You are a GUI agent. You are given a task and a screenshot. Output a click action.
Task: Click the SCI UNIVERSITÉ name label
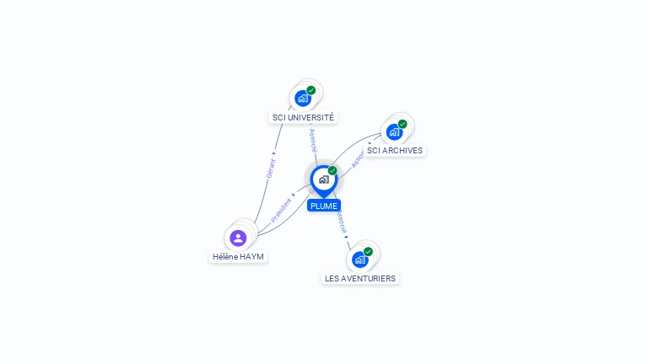point(303,117)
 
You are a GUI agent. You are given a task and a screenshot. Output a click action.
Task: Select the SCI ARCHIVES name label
point(394,151)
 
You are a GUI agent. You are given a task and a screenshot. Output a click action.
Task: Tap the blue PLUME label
point(324,206)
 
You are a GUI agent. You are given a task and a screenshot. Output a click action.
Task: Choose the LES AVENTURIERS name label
point(360,278)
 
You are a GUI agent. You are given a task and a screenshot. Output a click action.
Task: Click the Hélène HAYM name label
point(238,256)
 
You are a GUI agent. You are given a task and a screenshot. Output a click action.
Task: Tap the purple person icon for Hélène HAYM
point(238,238)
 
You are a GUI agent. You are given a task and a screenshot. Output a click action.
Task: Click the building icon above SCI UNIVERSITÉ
point(302,99)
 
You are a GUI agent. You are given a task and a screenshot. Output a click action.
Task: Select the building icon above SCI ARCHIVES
point(393,132)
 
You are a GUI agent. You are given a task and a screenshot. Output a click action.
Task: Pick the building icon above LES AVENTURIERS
point(359,260)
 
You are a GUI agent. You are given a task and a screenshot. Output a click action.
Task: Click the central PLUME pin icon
point(323,179)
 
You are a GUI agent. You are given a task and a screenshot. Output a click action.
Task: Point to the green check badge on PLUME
point(332,171)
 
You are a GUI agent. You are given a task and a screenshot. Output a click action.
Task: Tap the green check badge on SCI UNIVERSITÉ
point(311,90)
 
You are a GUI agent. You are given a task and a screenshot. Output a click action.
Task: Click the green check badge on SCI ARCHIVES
point(402,124)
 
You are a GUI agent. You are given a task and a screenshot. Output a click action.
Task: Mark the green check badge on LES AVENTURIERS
point(368,251)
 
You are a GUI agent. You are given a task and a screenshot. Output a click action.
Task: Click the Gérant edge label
point(271,167)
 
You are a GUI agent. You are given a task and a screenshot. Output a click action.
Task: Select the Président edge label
point(281,210)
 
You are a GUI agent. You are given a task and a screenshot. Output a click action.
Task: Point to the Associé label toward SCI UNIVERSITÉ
point(312,136)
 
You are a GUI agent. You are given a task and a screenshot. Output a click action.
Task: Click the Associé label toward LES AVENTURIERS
point(340,222)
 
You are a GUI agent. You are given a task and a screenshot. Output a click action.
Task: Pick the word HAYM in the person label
point(251,256)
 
